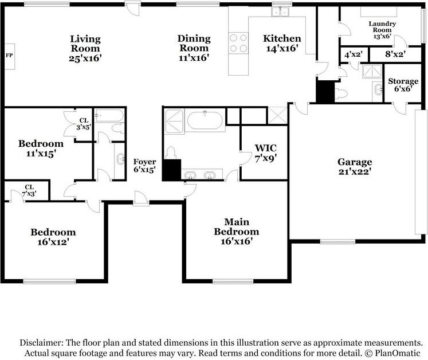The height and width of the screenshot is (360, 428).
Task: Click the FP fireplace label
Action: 9,56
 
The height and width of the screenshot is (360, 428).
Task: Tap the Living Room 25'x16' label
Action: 85,49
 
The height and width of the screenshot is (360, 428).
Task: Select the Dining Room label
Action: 194,43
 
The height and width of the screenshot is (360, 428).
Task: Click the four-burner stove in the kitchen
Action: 238,43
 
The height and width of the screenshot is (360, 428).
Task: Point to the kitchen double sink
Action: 280,12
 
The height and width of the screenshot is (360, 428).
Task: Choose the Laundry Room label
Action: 382,27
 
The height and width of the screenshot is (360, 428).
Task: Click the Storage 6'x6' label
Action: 403,85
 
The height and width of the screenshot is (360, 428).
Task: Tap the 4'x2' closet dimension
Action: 353,54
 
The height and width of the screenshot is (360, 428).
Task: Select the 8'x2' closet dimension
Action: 395,54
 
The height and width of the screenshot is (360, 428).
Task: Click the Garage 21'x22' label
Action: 355,166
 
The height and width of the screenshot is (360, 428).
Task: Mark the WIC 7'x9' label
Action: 266,153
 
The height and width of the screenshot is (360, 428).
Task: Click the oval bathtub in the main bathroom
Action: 205,120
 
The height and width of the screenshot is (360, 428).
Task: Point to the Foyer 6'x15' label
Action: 144,166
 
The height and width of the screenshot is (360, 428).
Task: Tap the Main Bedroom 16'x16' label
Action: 237,232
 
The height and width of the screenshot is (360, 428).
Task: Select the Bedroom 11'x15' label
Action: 41,148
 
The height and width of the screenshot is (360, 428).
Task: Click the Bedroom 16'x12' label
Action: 53,237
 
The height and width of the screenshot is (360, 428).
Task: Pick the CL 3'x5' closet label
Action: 84,124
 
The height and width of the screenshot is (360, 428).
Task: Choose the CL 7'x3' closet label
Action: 29,190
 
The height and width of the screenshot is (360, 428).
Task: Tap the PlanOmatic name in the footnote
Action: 398,353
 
